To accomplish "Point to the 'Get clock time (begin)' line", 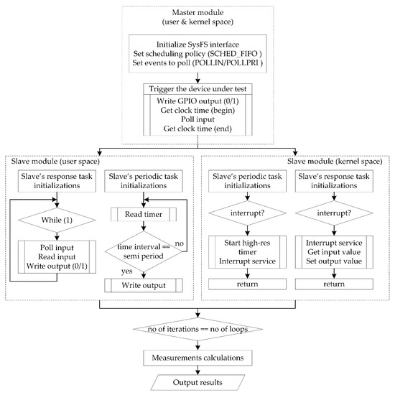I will pos(197,112).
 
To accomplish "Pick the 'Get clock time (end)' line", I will pos(197,133).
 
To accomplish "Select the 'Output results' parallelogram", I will pos(197,381).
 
